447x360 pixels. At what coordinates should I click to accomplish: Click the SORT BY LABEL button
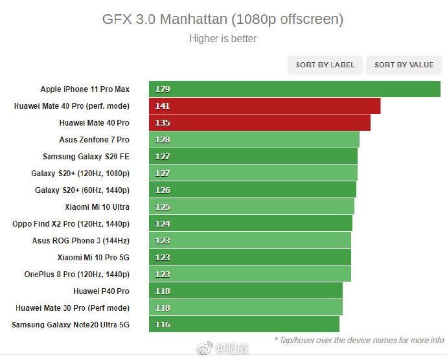325,65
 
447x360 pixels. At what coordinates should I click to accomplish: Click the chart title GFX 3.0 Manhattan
223,19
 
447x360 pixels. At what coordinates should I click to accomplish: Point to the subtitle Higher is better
223,38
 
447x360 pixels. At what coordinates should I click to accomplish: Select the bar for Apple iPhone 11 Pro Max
295,89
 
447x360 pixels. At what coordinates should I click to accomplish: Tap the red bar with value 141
264,106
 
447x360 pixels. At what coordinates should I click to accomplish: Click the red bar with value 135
259,122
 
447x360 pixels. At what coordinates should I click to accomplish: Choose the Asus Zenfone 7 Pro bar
254,139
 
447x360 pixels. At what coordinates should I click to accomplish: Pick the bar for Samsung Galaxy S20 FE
253,156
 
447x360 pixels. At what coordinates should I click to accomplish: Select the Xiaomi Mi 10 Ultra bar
251,207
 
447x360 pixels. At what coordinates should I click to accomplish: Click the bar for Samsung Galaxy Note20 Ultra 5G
244,324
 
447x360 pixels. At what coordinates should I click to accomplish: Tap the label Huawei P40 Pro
101,291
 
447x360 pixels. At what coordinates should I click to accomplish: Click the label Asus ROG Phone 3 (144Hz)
81,240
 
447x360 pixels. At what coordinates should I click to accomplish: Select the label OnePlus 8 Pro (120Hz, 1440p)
76,274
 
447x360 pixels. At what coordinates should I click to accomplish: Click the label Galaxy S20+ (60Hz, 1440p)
82,190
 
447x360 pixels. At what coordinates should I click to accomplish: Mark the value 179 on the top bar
163,89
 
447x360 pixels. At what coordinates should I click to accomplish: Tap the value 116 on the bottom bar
163,324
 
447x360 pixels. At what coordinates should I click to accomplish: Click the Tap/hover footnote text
359,339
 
